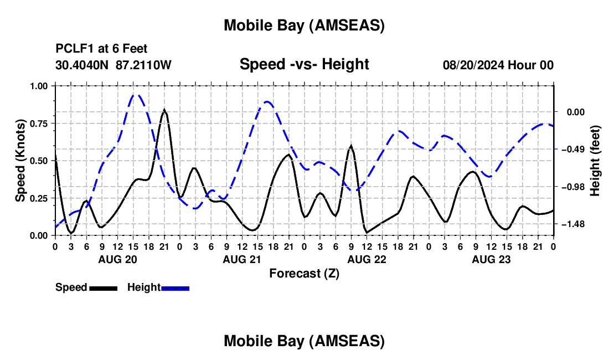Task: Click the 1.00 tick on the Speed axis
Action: [x=39, y=86]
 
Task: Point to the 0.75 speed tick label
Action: [x=39, y=124]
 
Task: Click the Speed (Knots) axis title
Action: [x=20, y=161]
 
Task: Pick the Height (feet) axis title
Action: [x=595, y=161]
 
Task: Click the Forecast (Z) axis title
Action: [x=304, y=273]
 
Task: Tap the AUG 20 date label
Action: [x=117, y=259]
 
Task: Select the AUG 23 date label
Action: [x=491, y=259]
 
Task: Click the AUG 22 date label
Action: [x=367, y=259]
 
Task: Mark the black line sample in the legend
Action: [x=103, y=287]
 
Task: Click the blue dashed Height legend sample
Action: [x=176, y=287]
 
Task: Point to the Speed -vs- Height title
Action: [x=304, y=64]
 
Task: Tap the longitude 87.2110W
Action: [x=144, y=65]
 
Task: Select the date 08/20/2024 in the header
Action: [x=473, y=65]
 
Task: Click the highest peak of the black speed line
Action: [x=164, y=110]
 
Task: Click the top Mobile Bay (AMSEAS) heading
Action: [x=304, y=25]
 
